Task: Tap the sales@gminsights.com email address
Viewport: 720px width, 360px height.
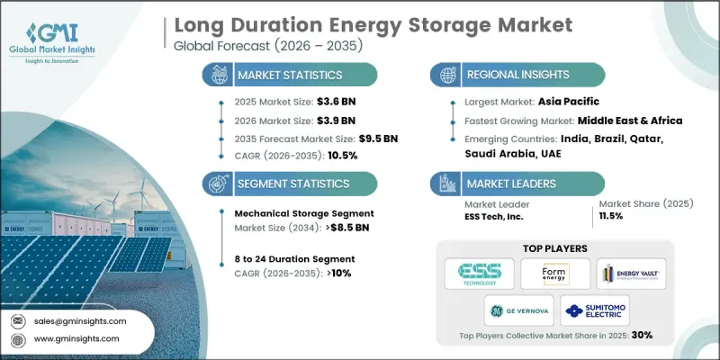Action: [x=81, y=320]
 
